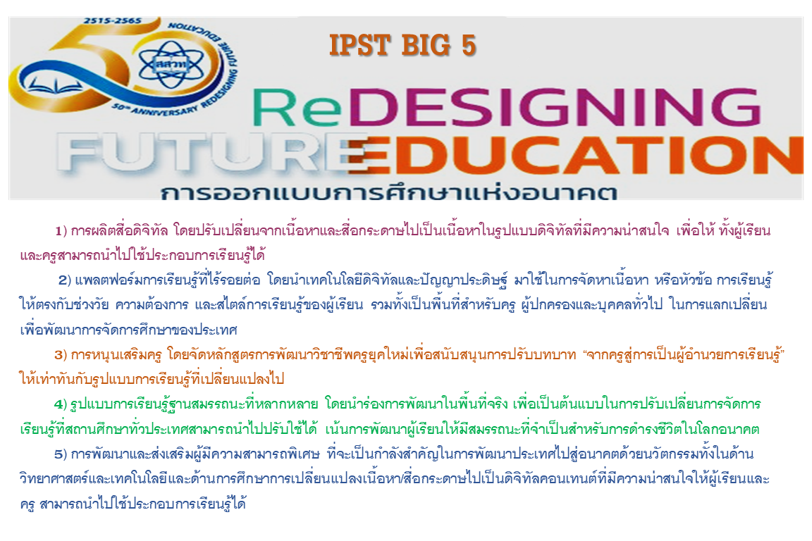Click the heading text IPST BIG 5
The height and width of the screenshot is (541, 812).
pos(402,45)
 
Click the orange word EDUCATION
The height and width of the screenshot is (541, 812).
pos(575,155)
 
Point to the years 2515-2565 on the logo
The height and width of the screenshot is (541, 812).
pos(112,20)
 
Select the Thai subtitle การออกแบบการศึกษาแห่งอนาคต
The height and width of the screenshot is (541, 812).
pos(388,192)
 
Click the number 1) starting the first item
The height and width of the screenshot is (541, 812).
pos(61,230)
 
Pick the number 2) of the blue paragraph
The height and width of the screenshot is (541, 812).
pos(64,280)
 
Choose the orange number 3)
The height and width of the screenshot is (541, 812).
pos(61,354)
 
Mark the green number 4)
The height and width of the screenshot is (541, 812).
pos(61,404)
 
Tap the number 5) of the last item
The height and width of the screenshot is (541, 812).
pos(61,454)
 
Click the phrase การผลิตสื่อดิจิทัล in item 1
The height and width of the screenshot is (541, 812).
pos(119,230)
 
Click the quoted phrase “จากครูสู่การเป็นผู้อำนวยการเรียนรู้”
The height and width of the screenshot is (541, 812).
pos(684,354)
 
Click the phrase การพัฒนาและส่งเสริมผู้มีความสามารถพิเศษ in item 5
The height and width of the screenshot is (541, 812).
pos(195,454)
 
